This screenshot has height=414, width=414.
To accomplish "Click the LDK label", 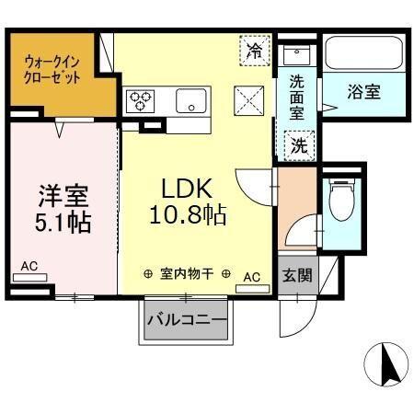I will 188,189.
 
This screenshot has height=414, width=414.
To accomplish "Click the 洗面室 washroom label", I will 297,95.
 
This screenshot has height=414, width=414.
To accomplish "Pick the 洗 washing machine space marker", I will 300,144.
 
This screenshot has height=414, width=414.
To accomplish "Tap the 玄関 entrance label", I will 295,275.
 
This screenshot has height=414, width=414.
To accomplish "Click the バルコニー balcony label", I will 186,321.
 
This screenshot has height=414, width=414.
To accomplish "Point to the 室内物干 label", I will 187,273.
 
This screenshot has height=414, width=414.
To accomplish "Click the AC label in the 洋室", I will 29,268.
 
